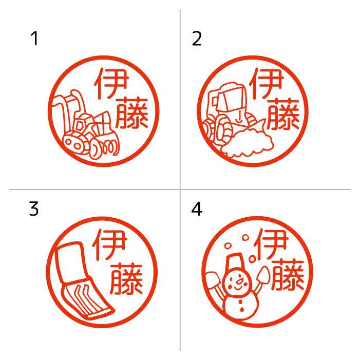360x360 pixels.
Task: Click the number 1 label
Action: pos(34,39)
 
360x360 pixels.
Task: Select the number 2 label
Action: pos(197,39)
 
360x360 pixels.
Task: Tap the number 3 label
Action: pos(34,210)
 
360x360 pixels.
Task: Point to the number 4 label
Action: pos(197,210)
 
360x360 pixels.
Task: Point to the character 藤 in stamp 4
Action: pos(288,275)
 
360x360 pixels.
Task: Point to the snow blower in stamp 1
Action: pos(85,126)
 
